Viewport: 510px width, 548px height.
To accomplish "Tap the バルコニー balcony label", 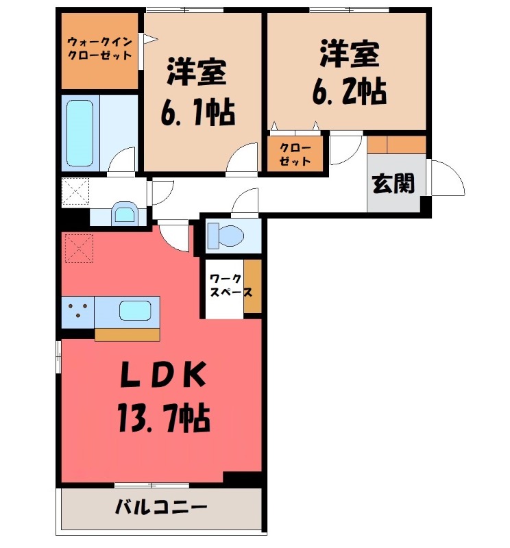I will (x=160, y=508).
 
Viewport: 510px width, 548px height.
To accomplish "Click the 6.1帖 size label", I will (x=198, y=112).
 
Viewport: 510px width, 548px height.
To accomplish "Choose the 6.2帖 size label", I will (x=349, y=92).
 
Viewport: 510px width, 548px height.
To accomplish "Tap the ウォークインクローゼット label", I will (x=100, y=48).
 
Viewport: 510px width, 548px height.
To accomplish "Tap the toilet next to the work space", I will (x=226, y=235).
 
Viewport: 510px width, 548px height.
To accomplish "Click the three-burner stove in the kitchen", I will (x=77, y=311).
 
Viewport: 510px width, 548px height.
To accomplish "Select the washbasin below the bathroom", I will (x=124, y=214).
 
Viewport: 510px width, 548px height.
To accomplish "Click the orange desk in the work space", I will (x=252, y=286).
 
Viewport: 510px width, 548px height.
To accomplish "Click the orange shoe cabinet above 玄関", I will (x=397, y=145).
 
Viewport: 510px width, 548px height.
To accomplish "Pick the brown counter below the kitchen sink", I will (x=127, y=334).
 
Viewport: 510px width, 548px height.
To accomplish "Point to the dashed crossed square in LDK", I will (x=77, y=248).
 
